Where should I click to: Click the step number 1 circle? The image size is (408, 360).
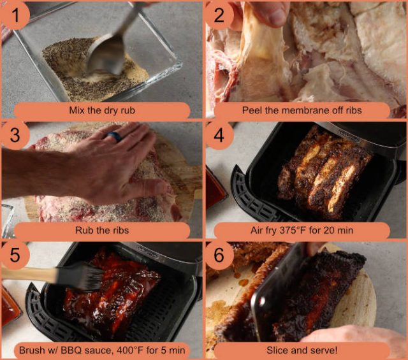[x=14, y=14]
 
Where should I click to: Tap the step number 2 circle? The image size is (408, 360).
[x=219, y=14]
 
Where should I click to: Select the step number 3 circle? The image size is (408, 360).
[x=14, y=134]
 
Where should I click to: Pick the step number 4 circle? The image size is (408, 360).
[x=219, y=134]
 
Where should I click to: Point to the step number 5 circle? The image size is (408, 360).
[x=14, y=255]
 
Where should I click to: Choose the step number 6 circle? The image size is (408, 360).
[x=219, y=255]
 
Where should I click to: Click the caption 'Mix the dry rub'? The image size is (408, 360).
[x=102, y=110]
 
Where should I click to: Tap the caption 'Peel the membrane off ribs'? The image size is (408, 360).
[x=302, y=110]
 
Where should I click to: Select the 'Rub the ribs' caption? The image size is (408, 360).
[x=102, y=230]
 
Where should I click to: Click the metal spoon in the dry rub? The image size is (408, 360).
[x=106, y=54]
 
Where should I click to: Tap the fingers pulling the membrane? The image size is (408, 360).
[x=268, y=13]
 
